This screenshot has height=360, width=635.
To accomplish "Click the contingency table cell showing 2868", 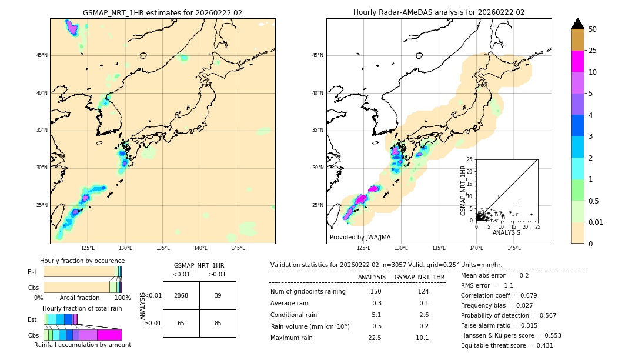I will (x=181, y=295).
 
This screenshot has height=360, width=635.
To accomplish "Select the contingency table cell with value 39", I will (x=218, y=295).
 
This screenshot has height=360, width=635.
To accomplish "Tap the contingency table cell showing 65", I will (x=181, y=323).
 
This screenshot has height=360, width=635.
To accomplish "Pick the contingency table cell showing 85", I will (x=218, y=323).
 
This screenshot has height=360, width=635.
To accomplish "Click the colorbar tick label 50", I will (x=593, y=29).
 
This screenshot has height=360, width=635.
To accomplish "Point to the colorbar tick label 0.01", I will (x=596, y=222).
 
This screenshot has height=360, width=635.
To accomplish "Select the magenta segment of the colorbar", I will (x=577, y=62).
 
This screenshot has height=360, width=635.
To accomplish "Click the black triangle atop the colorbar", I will (x=577, y=24).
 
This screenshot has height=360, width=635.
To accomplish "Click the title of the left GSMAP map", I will (x=162, y=12).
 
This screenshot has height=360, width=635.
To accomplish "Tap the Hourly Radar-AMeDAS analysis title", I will (x=439, y=12).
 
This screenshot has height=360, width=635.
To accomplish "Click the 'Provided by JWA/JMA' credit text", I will (x=360, y=238).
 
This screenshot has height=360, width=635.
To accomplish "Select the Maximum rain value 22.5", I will (x=375, y=338).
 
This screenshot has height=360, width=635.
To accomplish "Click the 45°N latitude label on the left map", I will (x=42, y=55).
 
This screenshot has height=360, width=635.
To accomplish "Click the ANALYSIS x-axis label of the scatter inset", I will (x=507, y=232).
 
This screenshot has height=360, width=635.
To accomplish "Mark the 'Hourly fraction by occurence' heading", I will (x=82, y=261).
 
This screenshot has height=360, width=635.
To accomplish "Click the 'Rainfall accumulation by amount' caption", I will (x=82, y=345).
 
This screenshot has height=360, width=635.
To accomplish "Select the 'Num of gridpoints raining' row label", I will (x=308, y=291).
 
